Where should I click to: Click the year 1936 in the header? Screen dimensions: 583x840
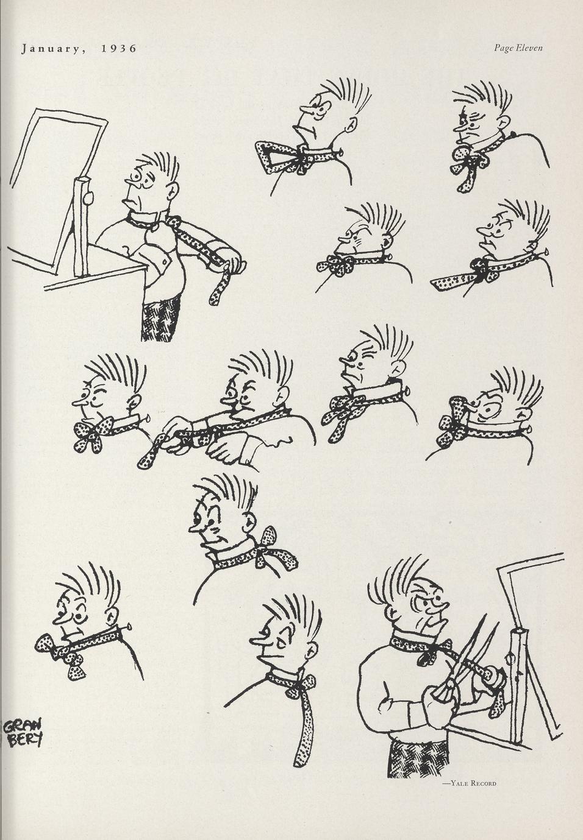pos(119,49)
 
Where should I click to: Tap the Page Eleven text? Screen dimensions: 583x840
pos(518,48)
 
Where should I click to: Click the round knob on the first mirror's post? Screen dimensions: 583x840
pos(88,199)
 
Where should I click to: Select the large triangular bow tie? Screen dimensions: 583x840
pos(287,157)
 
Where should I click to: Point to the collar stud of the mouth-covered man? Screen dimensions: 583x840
pos(148,418)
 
